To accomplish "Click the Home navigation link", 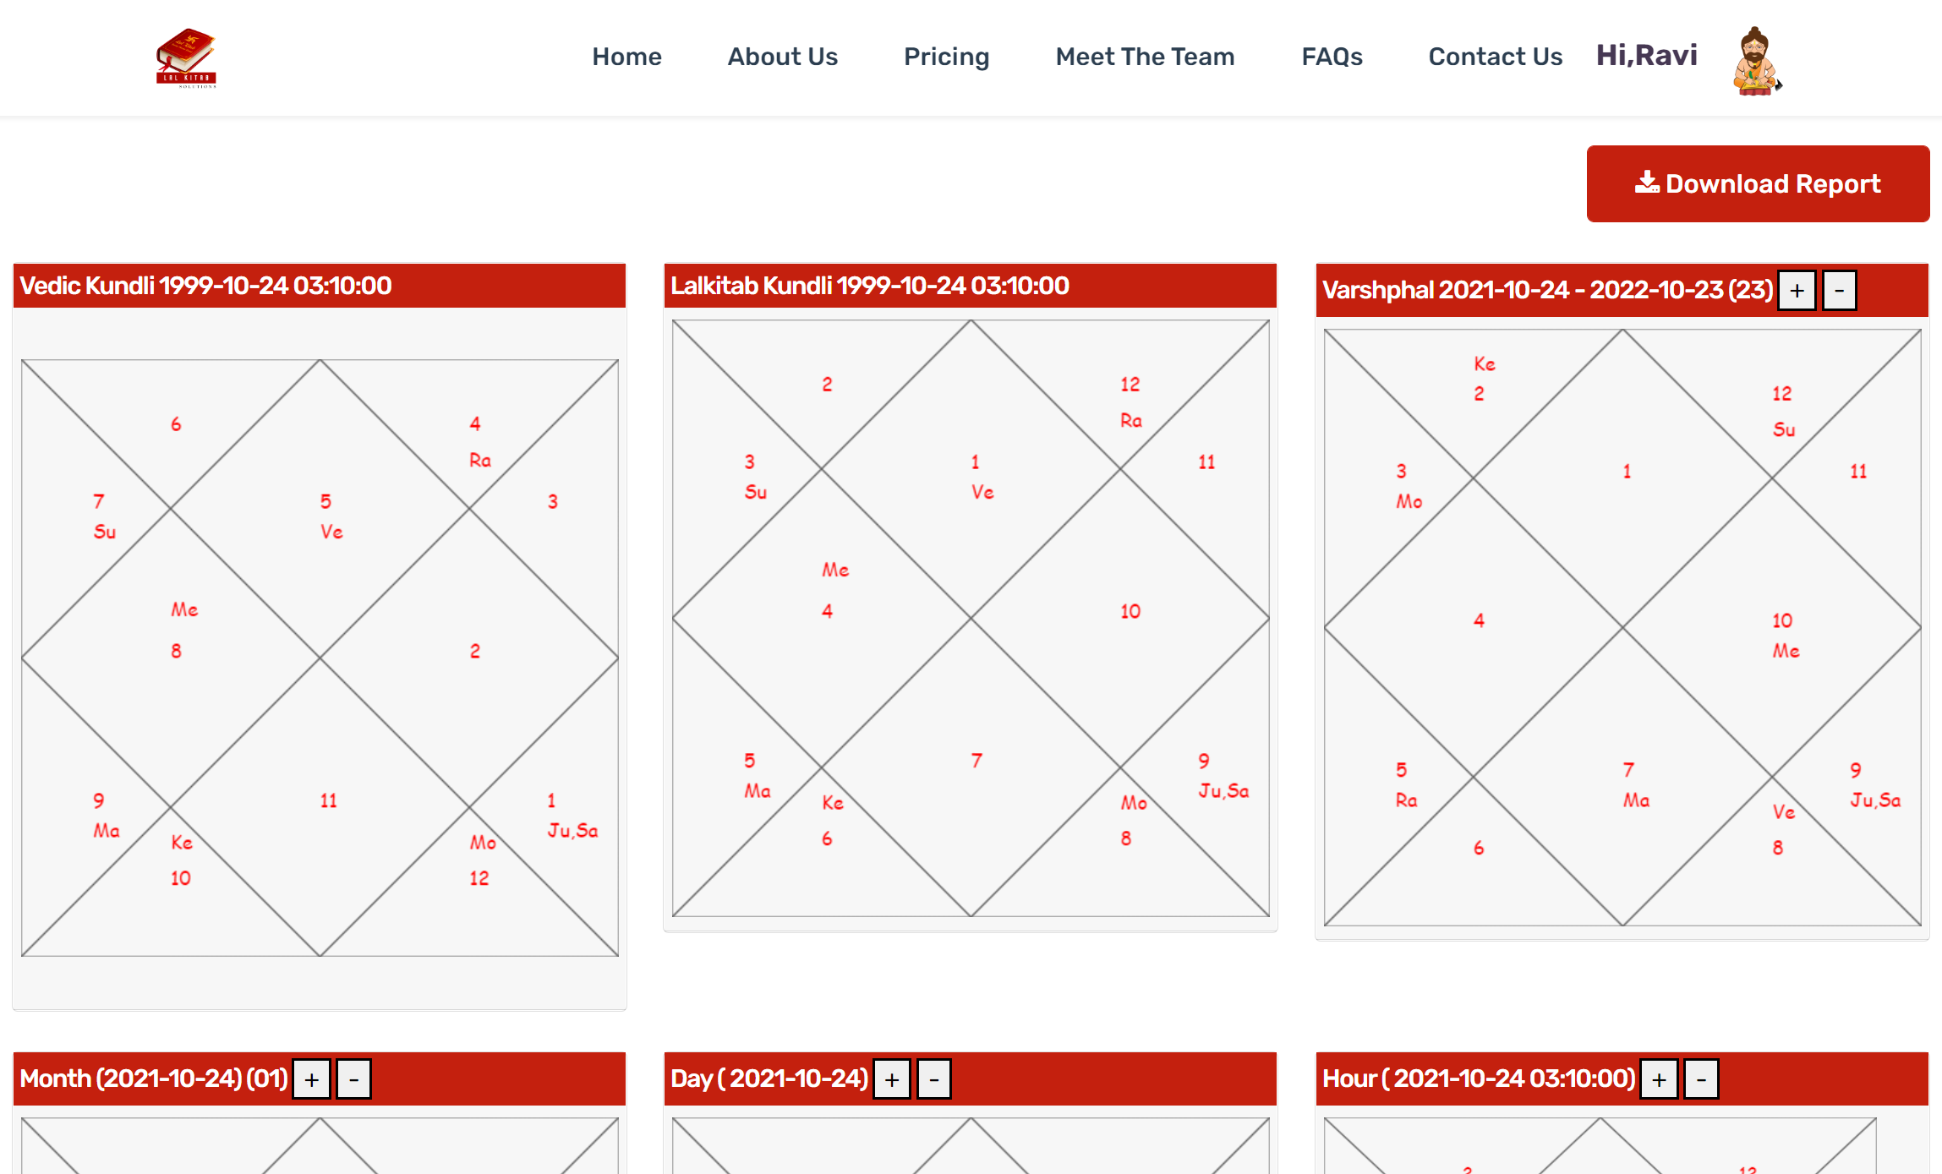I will click(626, 57).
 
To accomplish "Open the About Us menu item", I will click(782, 57).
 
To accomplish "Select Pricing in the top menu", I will click(946, 57).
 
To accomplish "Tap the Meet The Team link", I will click(1145, 57).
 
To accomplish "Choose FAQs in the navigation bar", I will click(1332, 57).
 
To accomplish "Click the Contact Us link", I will click(1495, 57).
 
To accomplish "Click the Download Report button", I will click(1758, 183).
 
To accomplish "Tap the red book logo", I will click(187, 57).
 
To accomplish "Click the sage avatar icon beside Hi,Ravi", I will click(1756, 61).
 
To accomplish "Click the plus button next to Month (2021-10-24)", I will click(311, 1079).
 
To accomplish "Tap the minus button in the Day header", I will click(934, 1079).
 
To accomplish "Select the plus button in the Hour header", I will click(1659, 1079).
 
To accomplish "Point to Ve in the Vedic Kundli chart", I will click(331, 532).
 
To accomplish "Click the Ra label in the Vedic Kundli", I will click(480, 460).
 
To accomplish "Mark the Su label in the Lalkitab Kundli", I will click(756, 492).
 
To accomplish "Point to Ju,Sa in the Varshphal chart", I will click(1875, 800).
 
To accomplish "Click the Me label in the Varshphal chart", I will click(1786, 651).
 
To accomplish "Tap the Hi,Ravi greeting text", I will click(1646, 55).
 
